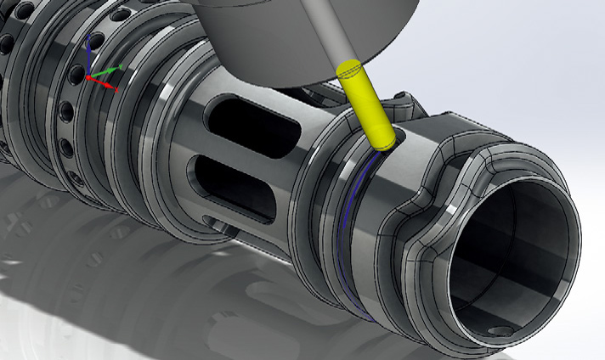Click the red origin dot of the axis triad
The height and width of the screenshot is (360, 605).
click(x=88, y=78)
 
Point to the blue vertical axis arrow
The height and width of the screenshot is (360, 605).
click(x=87, y=53)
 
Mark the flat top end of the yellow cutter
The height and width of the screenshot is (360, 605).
click(x=349, y=69)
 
